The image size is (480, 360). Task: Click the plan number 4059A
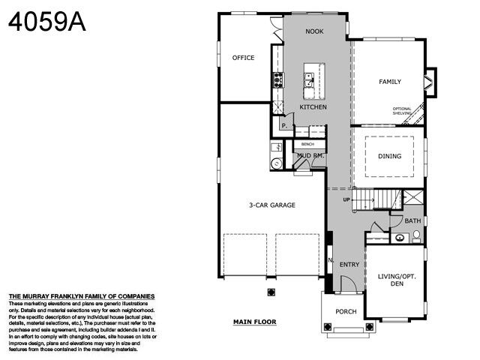coord(46,22)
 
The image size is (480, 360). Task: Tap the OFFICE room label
coord(243,58)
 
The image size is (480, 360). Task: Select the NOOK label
coord(314,32)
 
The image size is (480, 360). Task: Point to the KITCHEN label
coord(313,108)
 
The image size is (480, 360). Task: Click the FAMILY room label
coord(389,82)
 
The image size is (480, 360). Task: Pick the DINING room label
coord(389,157)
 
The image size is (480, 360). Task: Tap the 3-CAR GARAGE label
coord(272,205)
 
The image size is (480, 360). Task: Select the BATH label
coord(412,221)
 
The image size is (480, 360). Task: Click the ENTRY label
coord(349,265)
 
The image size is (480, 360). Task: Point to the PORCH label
coord(346,311)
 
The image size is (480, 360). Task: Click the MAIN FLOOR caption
coord(254,322)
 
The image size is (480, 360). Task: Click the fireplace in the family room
coord(429,82)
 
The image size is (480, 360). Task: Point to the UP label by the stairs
coord(346,200)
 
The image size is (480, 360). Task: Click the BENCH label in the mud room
coord(307,144)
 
